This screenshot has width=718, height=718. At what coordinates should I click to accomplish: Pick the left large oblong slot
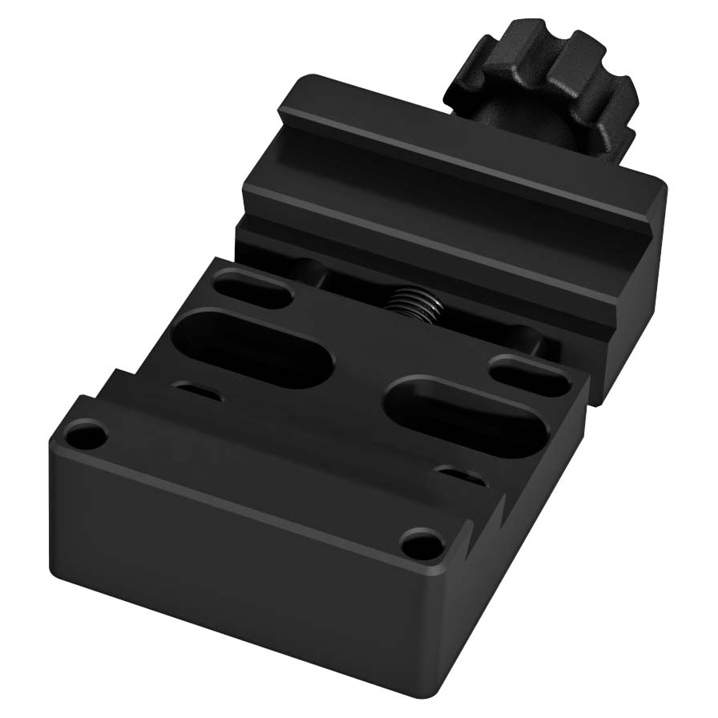coord(252,345)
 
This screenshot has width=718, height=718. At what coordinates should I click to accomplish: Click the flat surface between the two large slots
coord(361,377)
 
